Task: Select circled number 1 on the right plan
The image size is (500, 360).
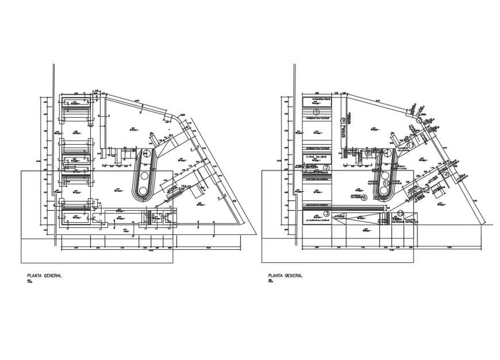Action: click(316, 111)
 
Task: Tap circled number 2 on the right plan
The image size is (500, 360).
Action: click(326, 168)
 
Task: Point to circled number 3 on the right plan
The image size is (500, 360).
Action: click(326, 213)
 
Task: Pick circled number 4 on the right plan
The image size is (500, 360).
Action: click(387, 153)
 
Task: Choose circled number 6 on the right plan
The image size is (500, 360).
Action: click(364, 197)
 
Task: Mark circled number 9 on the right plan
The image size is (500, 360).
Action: click(343, 121)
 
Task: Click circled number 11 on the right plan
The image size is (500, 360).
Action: click(411, 145)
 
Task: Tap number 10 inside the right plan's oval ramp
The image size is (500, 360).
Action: click(386, 183)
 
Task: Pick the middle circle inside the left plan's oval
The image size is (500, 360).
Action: click(145, 173)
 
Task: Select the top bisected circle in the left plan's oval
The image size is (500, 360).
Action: click(147, 153)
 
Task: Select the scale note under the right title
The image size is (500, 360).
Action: click(270, 281)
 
